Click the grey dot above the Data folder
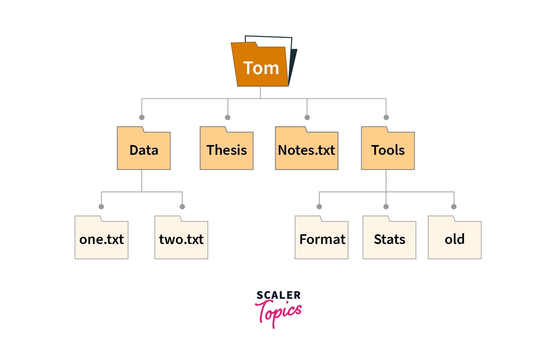point(142,117)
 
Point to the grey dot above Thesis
point(228,117)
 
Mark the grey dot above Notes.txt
point(307,117)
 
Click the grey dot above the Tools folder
point(386,117)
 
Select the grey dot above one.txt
point(101,206)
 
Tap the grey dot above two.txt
point(182,206)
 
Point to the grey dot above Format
point(319,206)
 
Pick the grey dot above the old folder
point(454,206)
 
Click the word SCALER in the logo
point(278,295)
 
